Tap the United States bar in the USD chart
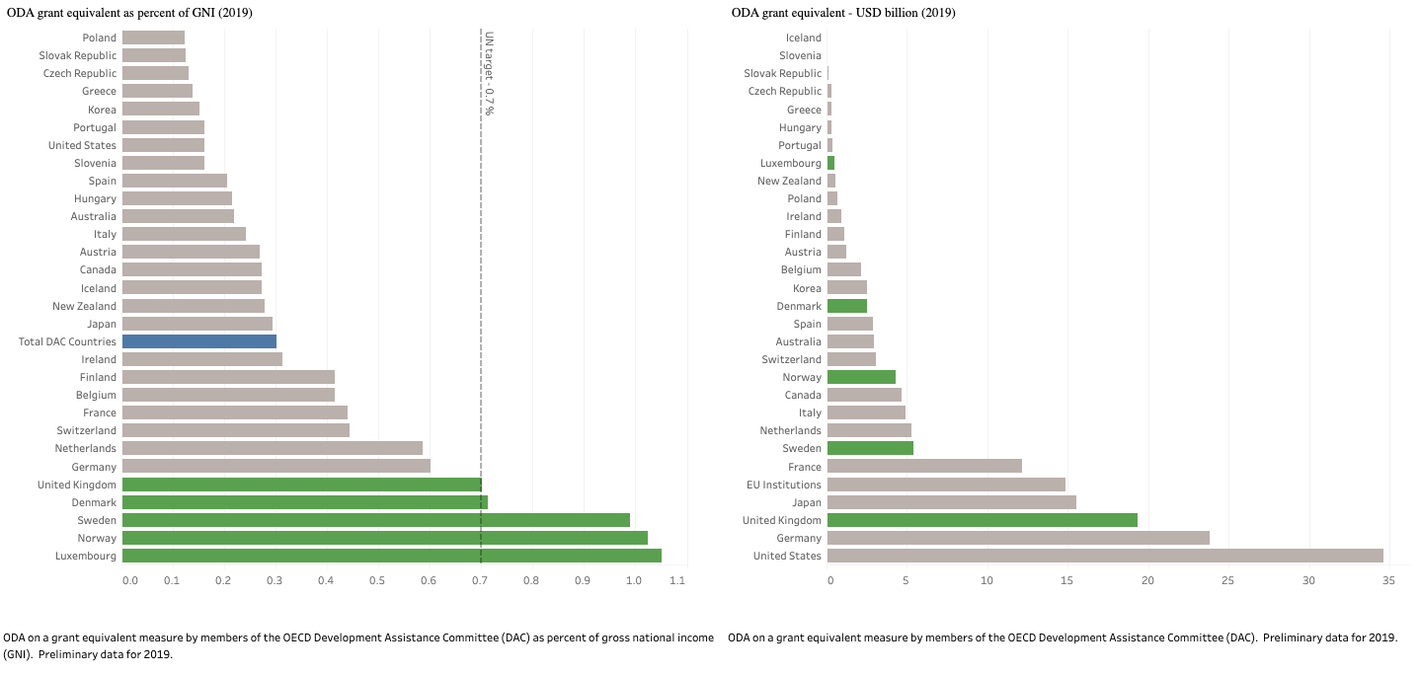click(1105, 556)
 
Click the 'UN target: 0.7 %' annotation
click(488, 73)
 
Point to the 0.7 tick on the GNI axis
click(479, 581)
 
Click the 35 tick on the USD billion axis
click(1388, 581)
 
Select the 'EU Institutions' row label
click(784, 485)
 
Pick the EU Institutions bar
click(946, 485)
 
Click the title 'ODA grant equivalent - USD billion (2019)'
click(843, 13)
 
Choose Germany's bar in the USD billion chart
click(1018, 538)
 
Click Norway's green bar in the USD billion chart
click(861, 377)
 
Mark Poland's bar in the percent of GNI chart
click(153, 37)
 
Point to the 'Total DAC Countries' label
click(67, 341)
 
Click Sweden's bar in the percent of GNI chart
click(375, 520)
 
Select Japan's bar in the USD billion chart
click(951, 502)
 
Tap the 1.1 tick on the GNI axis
click(677, 581)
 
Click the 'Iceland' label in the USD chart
click(803, 37)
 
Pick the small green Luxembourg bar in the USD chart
click(830, 163)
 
